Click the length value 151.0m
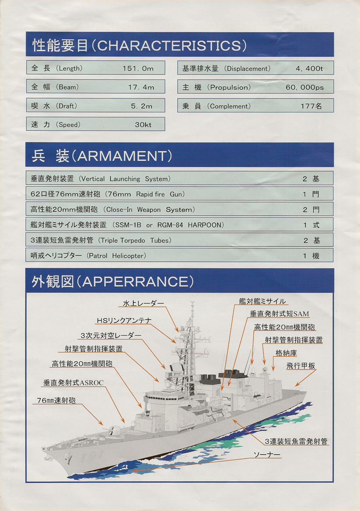click(138, 68)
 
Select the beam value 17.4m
click(141, 87)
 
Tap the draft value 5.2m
click(142, 106)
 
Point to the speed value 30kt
click(143, 125)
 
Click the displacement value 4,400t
click(309, 68)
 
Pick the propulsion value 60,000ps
click(304, 87)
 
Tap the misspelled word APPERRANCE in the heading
click(135, 282)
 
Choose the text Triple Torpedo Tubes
click(136, 241)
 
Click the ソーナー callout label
click(267, 454)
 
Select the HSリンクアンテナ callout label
click(124, 321)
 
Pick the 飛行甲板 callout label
click(301, 366)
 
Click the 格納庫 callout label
click(286, 353)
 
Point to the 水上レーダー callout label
click(143, 304)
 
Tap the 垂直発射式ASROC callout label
click(73, 383)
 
